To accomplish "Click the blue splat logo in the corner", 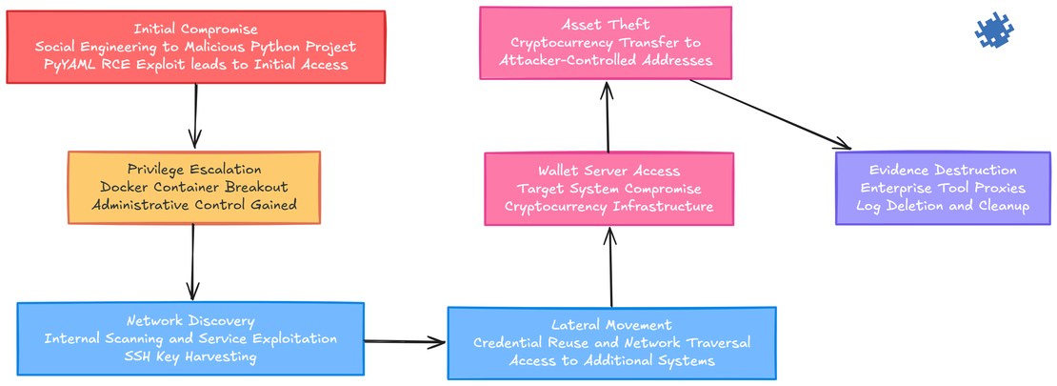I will [994, 31].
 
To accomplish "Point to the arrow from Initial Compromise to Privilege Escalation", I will [195, 116].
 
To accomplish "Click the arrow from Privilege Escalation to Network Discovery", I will [193, 263].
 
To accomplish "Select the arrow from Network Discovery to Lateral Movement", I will [405, 341].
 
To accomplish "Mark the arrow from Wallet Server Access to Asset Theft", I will [606, 116].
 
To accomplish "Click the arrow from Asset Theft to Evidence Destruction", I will [771, 114].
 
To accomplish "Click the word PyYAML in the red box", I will [72, 65].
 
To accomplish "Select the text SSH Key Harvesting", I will [190, 356].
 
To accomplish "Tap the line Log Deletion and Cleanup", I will [943, 206].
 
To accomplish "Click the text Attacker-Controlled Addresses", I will [606, 60].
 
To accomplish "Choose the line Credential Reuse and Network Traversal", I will [611, 343].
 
